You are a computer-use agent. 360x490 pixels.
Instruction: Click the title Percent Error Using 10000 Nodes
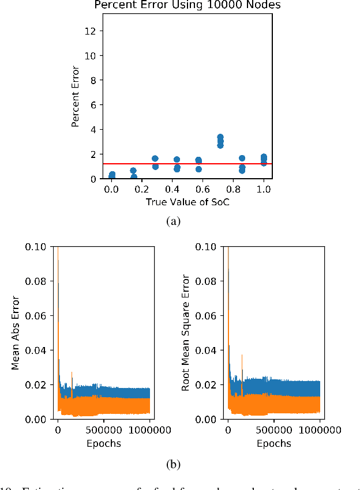coord(187,6)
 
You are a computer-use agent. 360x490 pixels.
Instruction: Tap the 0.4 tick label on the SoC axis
coord(172,189)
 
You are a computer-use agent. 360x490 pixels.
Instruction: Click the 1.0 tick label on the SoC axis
coord(264,189)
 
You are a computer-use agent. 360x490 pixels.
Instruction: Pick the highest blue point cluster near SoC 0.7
coord(220,138)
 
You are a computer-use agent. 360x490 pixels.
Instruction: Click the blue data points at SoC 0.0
coord(112,175)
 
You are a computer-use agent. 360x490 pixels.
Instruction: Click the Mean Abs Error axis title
coord(16,333)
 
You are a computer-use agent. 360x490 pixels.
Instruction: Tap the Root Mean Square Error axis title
coord(186,333)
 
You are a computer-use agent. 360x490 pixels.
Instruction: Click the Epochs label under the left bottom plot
coord(103,443)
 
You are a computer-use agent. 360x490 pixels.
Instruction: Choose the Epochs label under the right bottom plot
coord(274,443)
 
